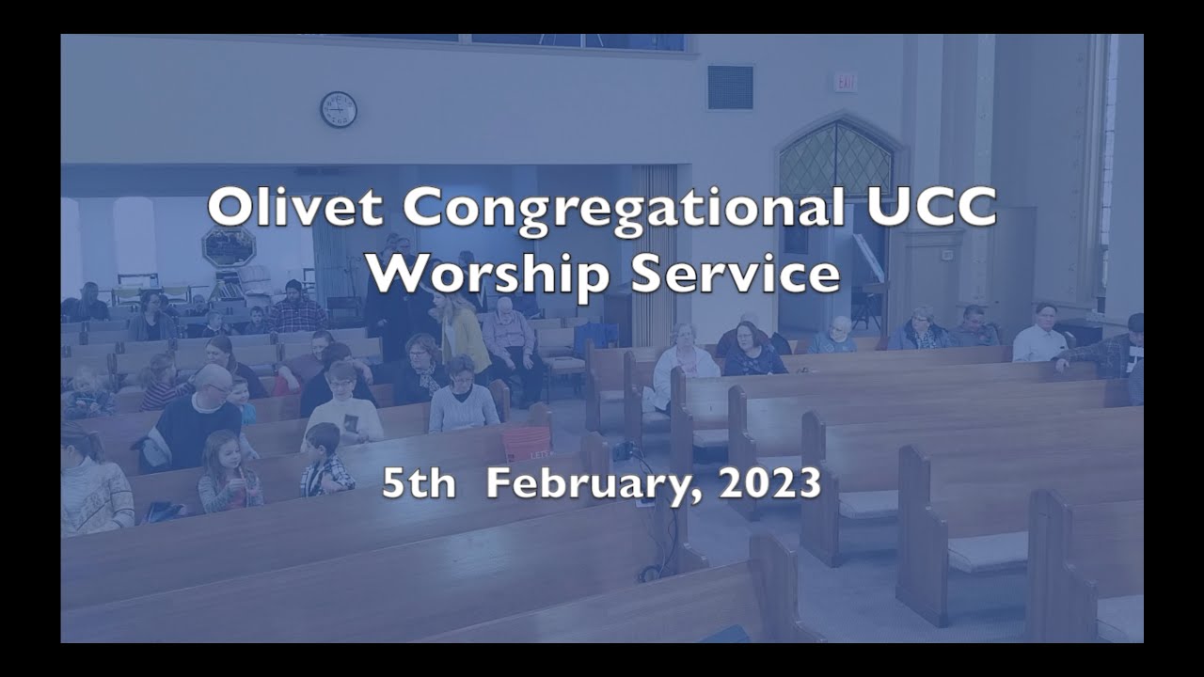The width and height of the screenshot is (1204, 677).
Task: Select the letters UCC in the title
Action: click(x=930, y=208)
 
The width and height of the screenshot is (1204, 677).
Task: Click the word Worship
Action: click(x=491, y=274)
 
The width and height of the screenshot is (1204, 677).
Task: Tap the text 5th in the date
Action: click(x=419, y=483)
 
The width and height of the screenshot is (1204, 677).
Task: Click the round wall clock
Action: click(x=338, y=109)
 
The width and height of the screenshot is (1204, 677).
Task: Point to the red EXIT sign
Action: click(x=845, y=83)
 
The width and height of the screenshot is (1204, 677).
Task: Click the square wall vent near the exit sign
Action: click(x=730, y=87)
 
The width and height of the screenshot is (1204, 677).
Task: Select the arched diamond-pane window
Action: click(x=835, y=160)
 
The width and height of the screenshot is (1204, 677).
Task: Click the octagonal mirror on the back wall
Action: click(x=229, y=246)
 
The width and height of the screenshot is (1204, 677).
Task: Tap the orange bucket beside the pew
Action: click(x=526, y=443)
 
